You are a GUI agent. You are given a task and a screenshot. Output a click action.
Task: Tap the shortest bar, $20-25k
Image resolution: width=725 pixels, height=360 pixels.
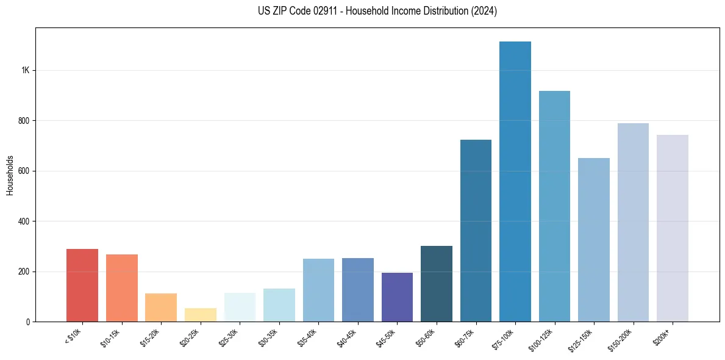[201, 315]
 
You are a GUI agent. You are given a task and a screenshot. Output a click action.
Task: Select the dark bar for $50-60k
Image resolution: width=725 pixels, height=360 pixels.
[437, 284]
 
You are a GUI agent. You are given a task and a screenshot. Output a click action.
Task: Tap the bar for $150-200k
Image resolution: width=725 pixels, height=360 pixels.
[633, 223]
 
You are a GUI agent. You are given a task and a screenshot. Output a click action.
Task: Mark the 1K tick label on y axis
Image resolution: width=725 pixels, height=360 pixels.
[26, 70]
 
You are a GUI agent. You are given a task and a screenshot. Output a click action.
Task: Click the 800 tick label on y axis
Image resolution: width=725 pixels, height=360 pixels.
[24, 121]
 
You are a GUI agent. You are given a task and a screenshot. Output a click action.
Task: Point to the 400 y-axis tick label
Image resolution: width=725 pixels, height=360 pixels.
[24, 221]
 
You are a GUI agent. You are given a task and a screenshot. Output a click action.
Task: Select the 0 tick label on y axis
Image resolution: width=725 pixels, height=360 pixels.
[28, 322]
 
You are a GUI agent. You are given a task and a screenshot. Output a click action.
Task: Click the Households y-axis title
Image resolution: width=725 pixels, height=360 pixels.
[10, 175]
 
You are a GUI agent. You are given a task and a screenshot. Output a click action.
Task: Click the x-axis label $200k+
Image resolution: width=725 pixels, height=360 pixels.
[662, 336]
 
